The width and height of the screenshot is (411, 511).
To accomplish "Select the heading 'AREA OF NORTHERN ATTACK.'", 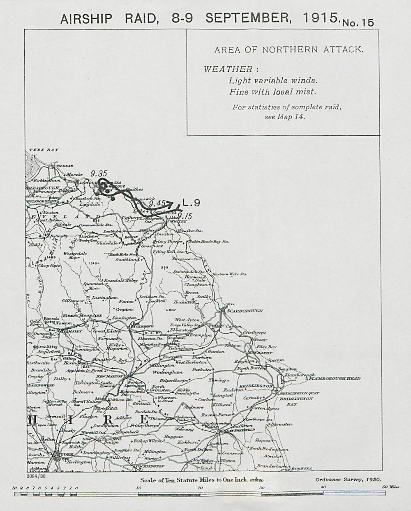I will click(x=289, y=50).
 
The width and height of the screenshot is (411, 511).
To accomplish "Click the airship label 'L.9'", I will click(x=191, y=202).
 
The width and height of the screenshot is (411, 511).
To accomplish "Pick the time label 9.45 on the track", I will click(x=157, y=203).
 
